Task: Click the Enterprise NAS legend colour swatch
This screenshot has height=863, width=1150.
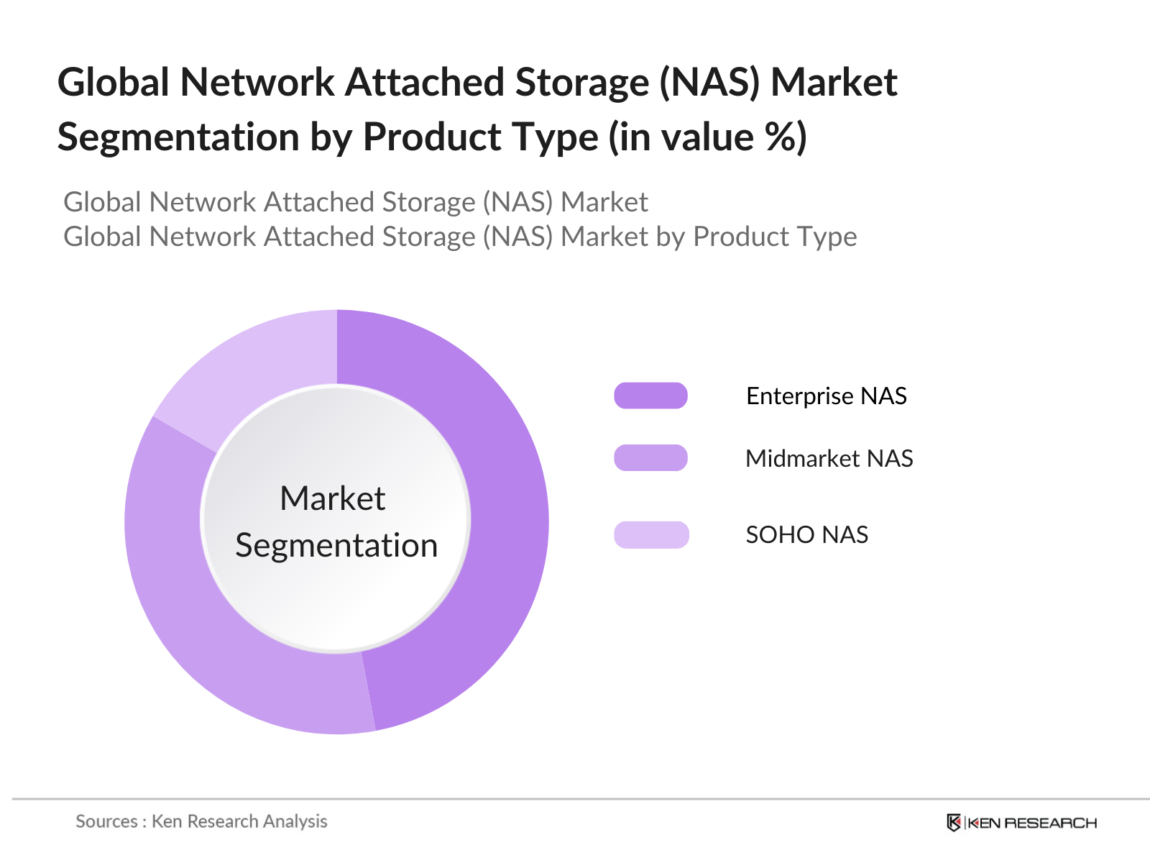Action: pyautogui.click(x=650, y=396)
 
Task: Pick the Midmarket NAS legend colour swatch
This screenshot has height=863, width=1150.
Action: pyautogui.click(x=650, y=458)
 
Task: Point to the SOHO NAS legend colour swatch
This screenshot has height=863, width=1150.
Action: pyautogui.click(x=651, y=534)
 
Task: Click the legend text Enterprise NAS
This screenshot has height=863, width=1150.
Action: pyautogui.click(x=826, y=396)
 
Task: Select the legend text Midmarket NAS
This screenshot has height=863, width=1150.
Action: pyautogui.click(x=829, y=459)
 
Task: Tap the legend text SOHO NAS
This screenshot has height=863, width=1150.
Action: pyautogui.click(x=806, y=535)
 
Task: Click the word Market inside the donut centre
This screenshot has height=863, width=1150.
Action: pyautogui.click(x=333, y=498)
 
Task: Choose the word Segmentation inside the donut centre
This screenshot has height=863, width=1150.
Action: pyautogui.click(x=336, y=545)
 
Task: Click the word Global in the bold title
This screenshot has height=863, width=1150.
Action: pyautogui.click(x=113, y=82)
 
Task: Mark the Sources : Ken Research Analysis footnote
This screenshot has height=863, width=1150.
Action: pyautogui.click(x=201, y=821)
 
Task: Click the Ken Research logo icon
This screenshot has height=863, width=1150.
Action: pyautogui.click(x=954, y=822)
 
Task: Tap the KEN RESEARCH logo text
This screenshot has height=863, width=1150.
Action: pyautogui.click(x=1032, y=823)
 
